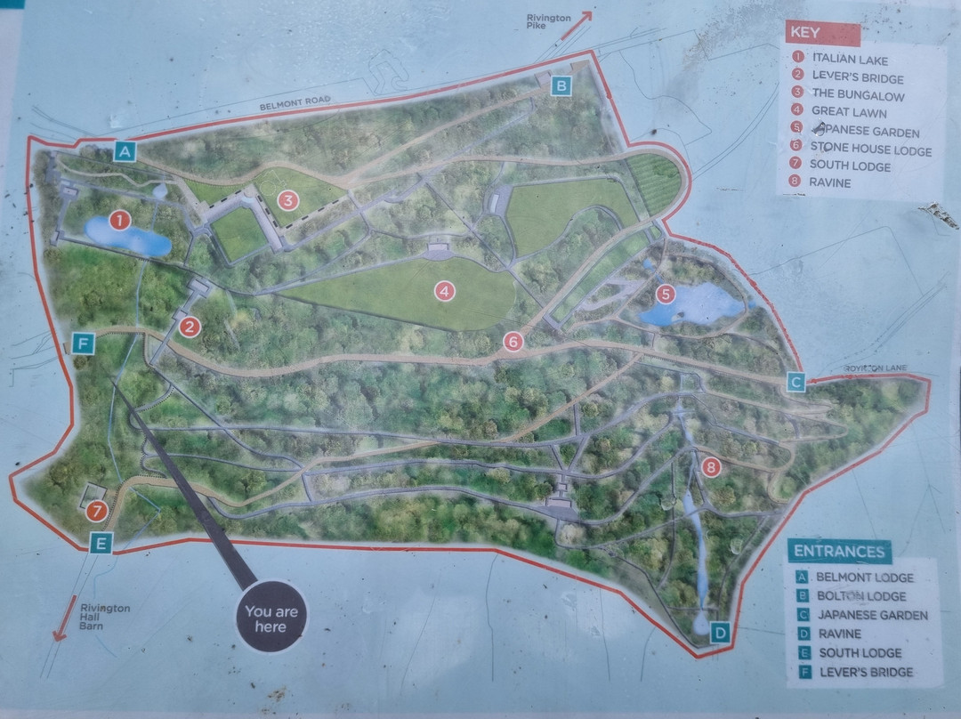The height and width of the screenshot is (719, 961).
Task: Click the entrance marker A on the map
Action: pyautogui.click(x=125, y=151)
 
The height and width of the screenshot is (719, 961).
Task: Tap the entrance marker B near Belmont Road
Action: pyautogui.click(x=561, y=85)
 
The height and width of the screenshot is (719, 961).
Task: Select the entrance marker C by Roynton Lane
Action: pyautogui.click(x=796, y=383)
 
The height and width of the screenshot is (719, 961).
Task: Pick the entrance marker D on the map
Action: pyautogui.click(x=721, y=633)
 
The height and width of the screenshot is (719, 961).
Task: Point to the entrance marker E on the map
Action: pyautogui.click(x=101, y=542)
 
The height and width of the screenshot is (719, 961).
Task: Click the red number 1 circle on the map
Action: pyautogui.click(x=119, y=219)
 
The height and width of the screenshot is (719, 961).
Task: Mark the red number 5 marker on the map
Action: pyautogui.click(x=665, y=294)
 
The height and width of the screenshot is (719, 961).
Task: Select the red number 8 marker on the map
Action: pyautogui.click(x=710, y=466)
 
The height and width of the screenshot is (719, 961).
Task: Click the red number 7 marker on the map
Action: pyautogui.click(x=97, y=511)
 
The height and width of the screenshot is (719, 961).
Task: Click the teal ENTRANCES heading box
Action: pyautogui.click(x=840, y=551)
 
